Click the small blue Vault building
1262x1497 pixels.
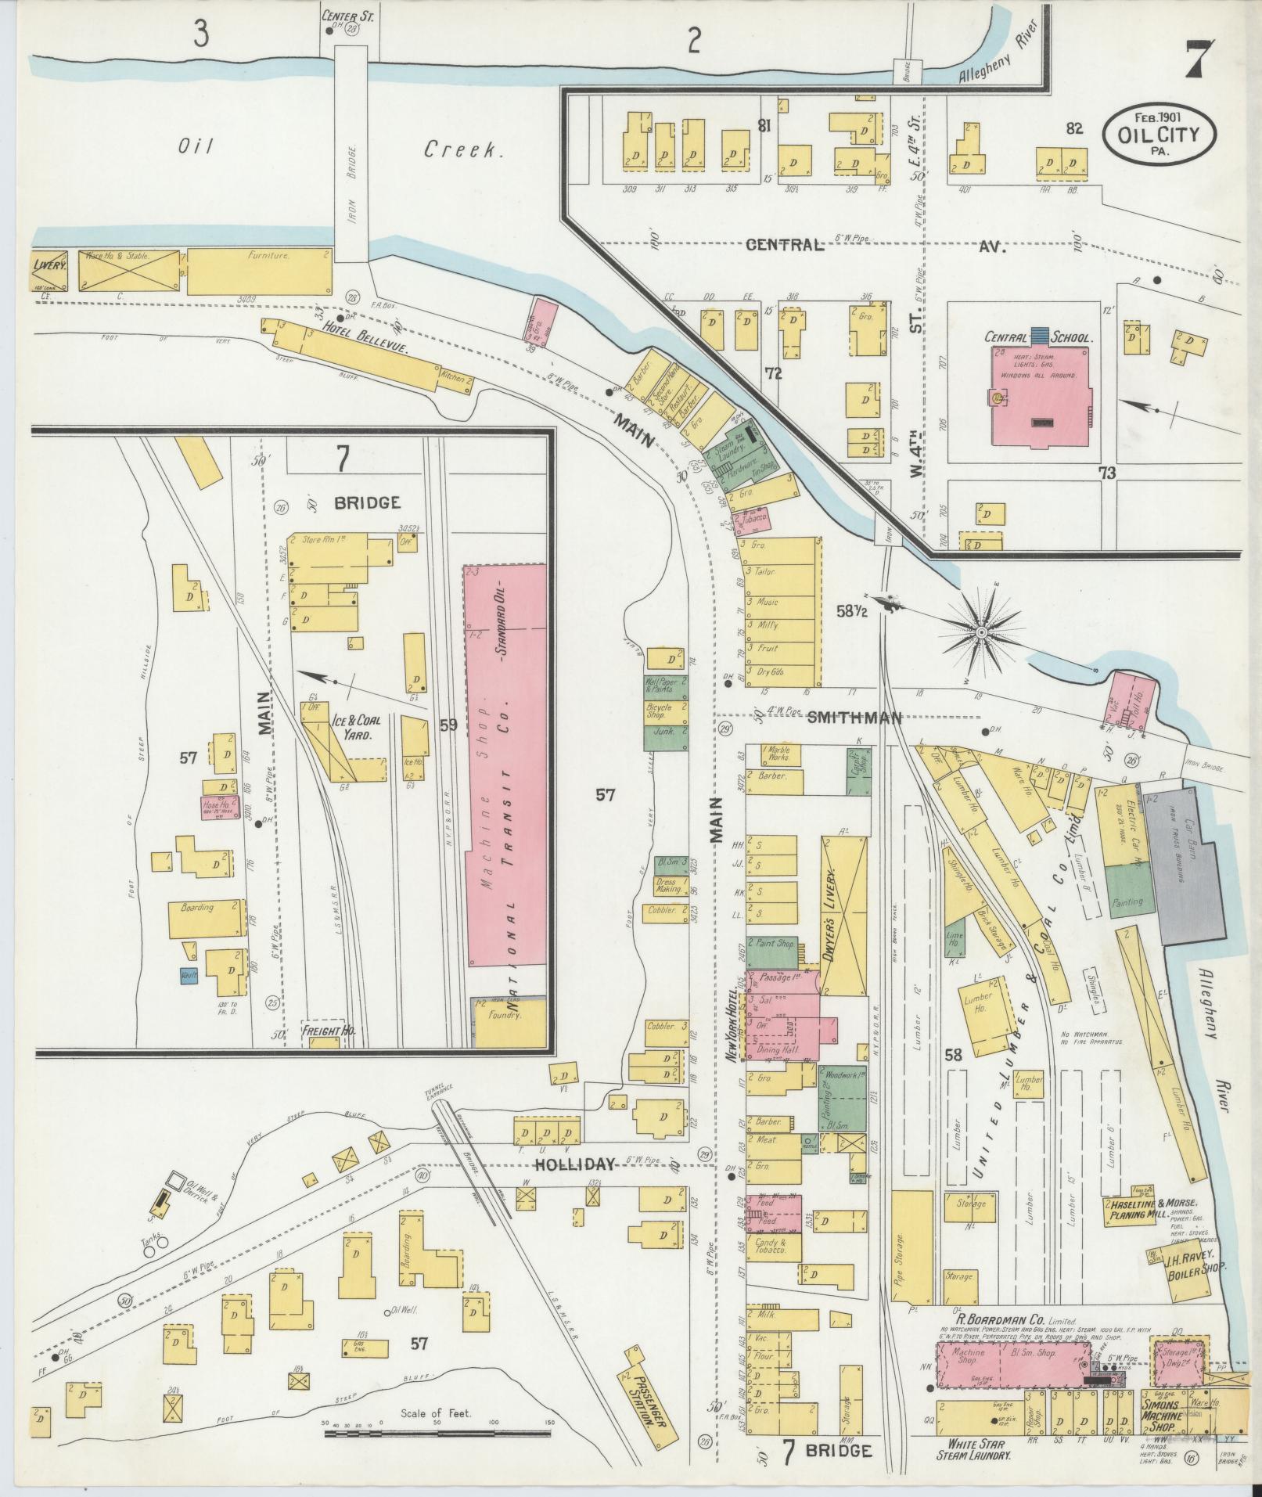point(189,976)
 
